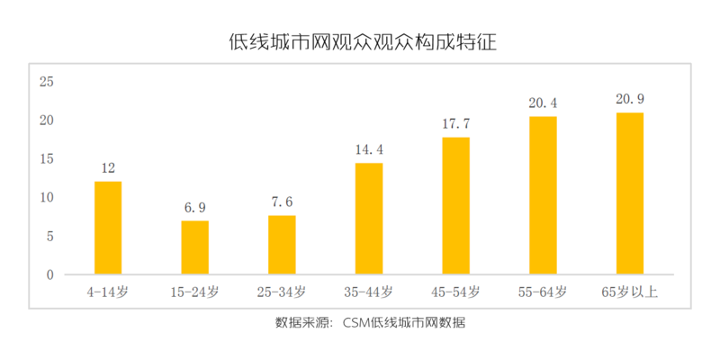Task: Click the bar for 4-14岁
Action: (x=108, y=228)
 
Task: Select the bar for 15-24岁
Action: (x=195, y=247)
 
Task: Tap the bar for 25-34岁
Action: (x=282, y=245)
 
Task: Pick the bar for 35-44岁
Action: (x=369, y=219)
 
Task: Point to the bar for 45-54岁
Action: (x=456, y=206)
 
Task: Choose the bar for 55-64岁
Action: (x=543, y=195)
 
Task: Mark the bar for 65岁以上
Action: (x=630, y=193)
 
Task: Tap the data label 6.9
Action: (x=195, y=207)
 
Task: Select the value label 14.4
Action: (x=369, y=149)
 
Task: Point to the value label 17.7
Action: (x=456, y=123)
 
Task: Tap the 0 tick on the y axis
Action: (x=51, y=274)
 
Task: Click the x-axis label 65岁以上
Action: (x=630, y=292)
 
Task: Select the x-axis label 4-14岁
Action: (x=108, y=292)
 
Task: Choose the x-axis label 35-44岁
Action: (x=369, y=292)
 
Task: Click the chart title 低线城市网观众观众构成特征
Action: (x=364, y=42)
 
